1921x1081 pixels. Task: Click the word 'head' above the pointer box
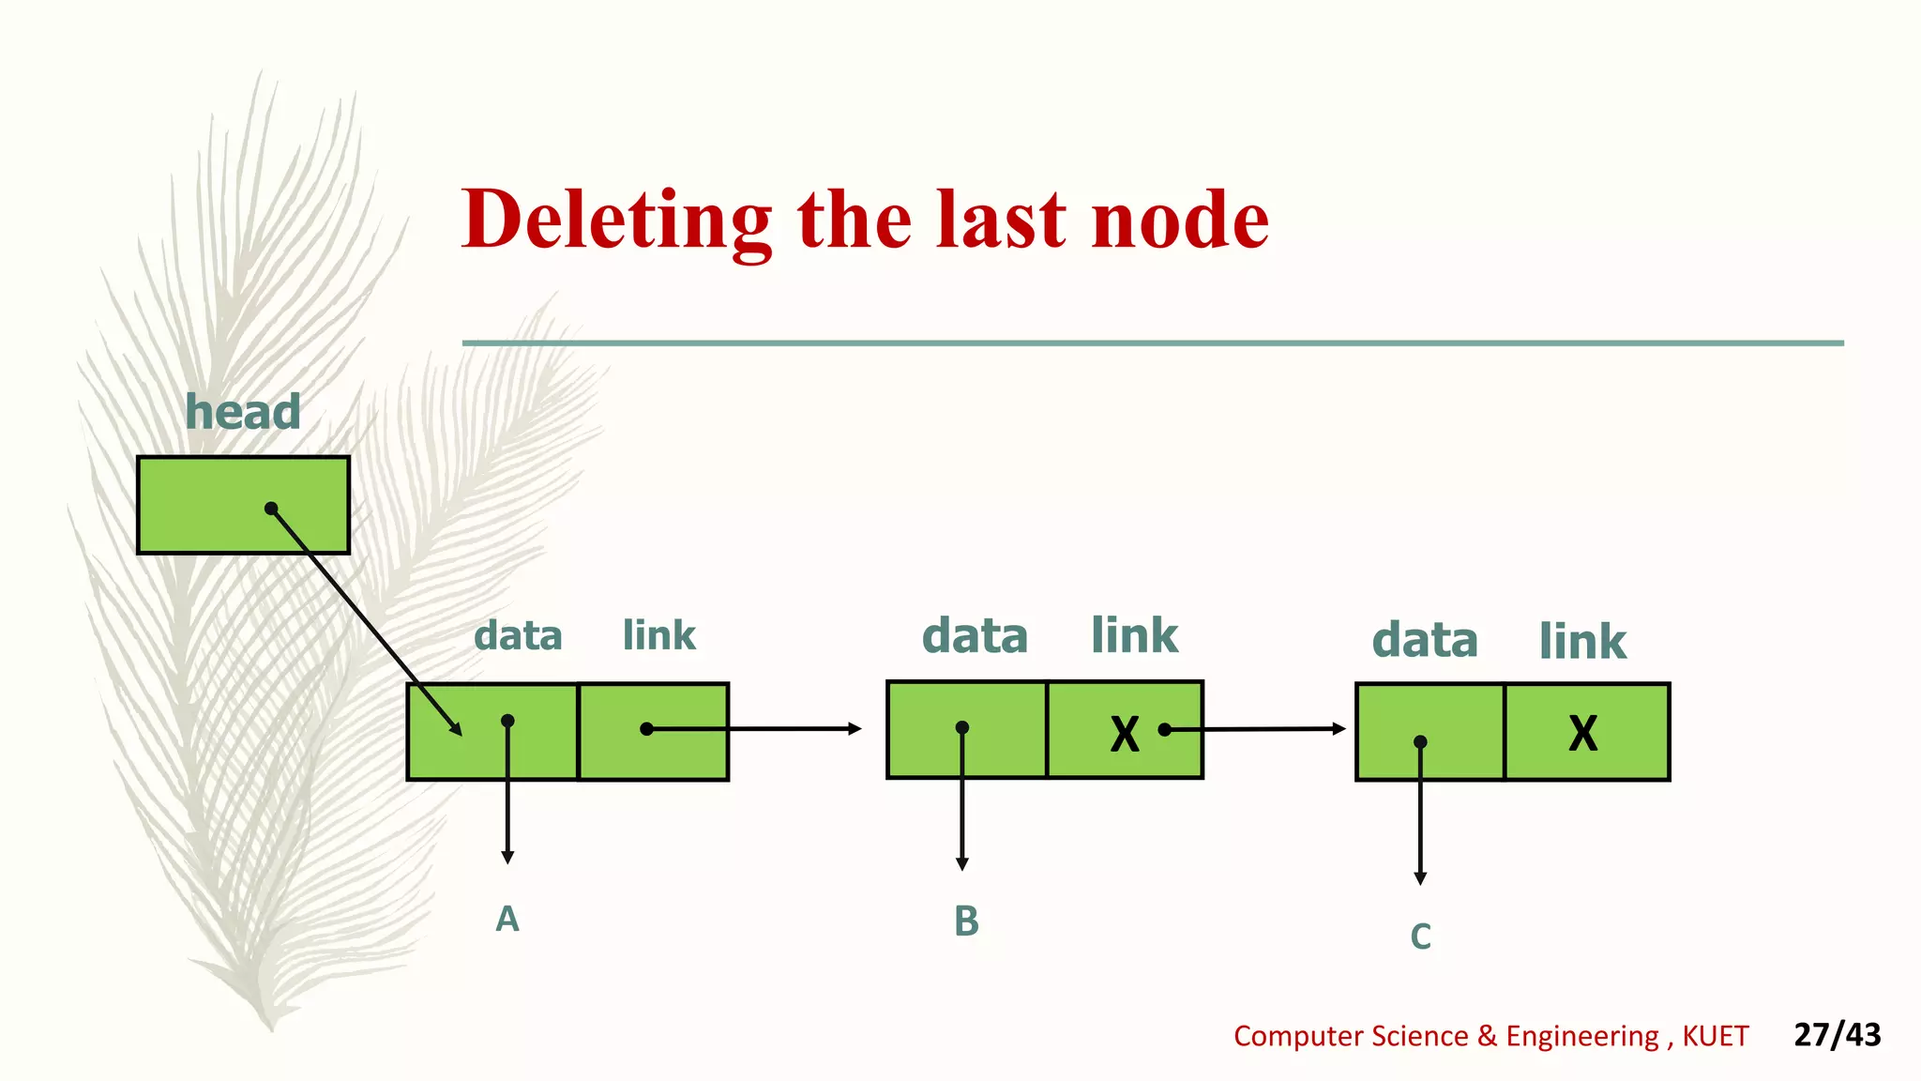coord(243,412)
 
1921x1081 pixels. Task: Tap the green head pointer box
coord(206,505)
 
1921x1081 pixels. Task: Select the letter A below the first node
coord(507,919)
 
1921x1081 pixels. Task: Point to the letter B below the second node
coord(966,921)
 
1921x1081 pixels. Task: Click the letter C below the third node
coord(1420,936)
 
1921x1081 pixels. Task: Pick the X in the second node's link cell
coord(1125,734)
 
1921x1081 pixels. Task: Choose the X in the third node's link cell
coord(1583,733)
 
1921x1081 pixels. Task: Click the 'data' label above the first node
coord(518,636)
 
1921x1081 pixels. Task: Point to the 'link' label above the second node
coord(1134,636)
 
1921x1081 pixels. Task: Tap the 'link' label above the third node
coord(1582,642)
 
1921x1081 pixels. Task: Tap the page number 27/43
coord(1837,1034)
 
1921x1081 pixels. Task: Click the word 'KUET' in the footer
coord(1715,1036)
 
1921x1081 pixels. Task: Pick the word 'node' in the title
coord(1180,220)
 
